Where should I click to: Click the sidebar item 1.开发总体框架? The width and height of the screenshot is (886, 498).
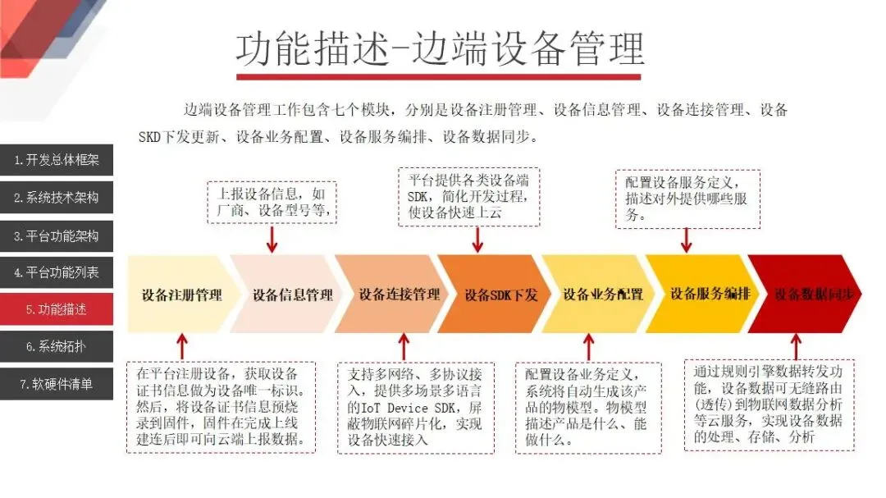(56, 160)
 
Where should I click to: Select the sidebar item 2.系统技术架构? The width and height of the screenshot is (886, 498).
(56, 198)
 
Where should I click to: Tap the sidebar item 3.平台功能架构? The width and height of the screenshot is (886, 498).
(56, 235)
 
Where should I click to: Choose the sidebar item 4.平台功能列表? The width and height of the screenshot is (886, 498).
(56, 272)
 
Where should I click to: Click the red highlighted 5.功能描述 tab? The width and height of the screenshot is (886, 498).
(56, 309)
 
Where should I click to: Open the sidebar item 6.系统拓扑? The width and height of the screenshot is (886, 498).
(56, 347)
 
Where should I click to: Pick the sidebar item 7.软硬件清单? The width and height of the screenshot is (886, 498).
(56, 384)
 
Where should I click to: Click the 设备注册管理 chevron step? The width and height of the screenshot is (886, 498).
(181, 295)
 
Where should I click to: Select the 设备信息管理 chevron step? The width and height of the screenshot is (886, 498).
(292, 295)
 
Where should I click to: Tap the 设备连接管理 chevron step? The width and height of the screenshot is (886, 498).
(399, 295)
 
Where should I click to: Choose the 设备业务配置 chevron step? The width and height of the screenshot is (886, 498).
(603, 295)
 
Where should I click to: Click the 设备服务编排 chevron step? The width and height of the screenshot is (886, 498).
(710, 294)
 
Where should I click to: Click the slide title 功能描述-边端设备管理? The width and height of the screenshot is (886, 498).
(440, 49)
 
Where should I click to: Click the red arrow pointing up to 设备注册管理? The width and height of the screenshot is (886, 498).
(182, 345)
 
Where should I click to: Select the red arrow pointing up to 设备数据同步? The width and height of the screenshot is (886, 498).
(795, 345)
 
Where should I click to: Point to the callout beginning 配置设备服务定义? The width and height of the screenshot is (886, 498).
(687, 199)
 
